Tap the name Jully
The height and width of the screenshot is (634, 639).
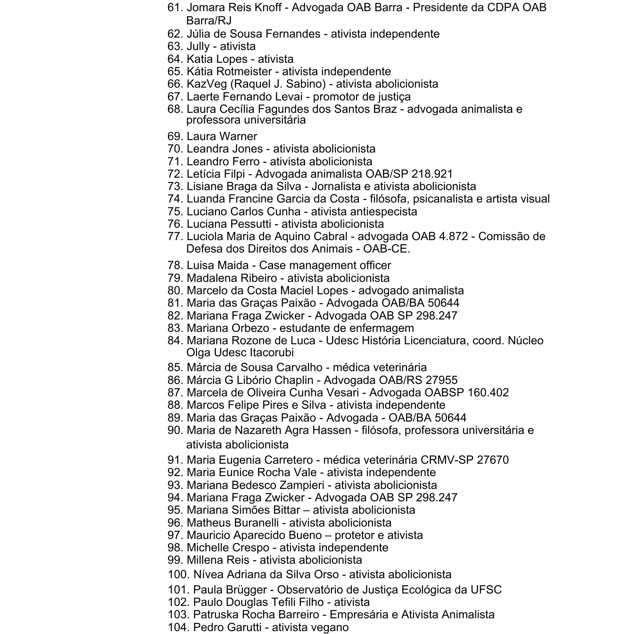click(x=198, y=46)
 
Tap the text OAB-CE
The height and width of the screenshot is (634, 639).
click(x=386, y=249)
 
